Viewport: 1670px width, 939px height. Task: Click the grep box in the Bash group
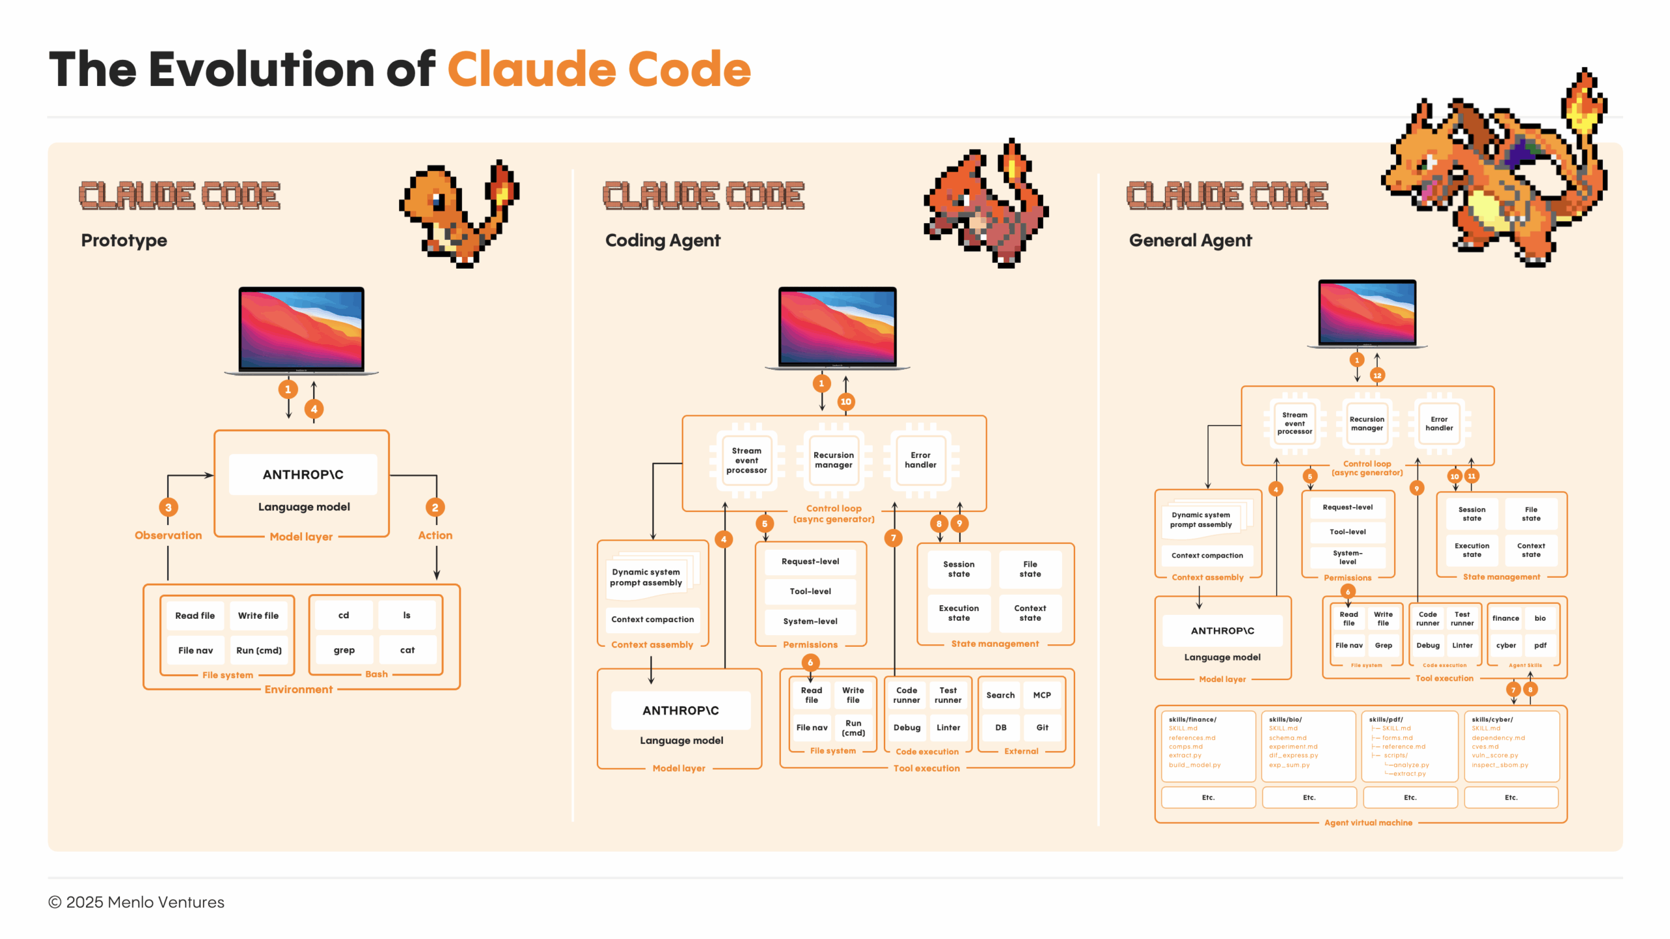coord(344,650)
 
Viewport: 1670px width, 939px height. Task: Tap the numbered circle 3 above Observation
coord(168,507)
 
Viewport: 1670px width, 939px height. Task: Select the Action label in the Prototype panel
coord(435,535)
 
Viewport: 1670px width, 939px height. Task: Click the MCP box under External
coord(1042,695)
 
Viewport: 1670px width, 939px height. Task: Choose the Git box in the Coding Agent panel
coord(1042,728)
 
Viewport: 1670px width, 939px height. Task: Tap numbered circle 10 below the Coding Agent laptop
coord(846,402)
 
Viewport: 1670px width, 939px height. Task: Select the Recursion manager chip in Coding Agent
coord(833,460)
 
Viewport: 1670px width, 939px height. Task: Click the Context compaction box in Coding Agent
coord(652,619)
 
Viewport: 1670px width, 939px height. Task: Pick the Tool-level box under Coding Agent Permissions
coord(810,591)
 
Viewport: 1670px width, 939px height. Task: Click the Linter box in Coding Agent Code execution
coord(948,728)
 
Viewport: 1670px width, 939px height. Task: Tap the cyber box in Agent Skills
coord(1506,646)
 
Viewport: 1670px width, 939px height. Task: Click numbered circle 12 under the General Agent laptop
coord(1377,376)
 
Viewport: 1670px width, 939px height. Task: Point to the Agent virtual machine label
coord(1368,823)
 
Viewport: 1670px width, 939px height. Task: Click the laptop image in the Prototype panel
coord(301,329)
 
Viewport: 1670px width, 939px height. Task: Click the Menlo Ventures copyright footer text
coord(136,902)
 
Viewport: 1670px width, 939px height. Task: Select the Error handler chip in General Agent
coord(1438,424)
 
